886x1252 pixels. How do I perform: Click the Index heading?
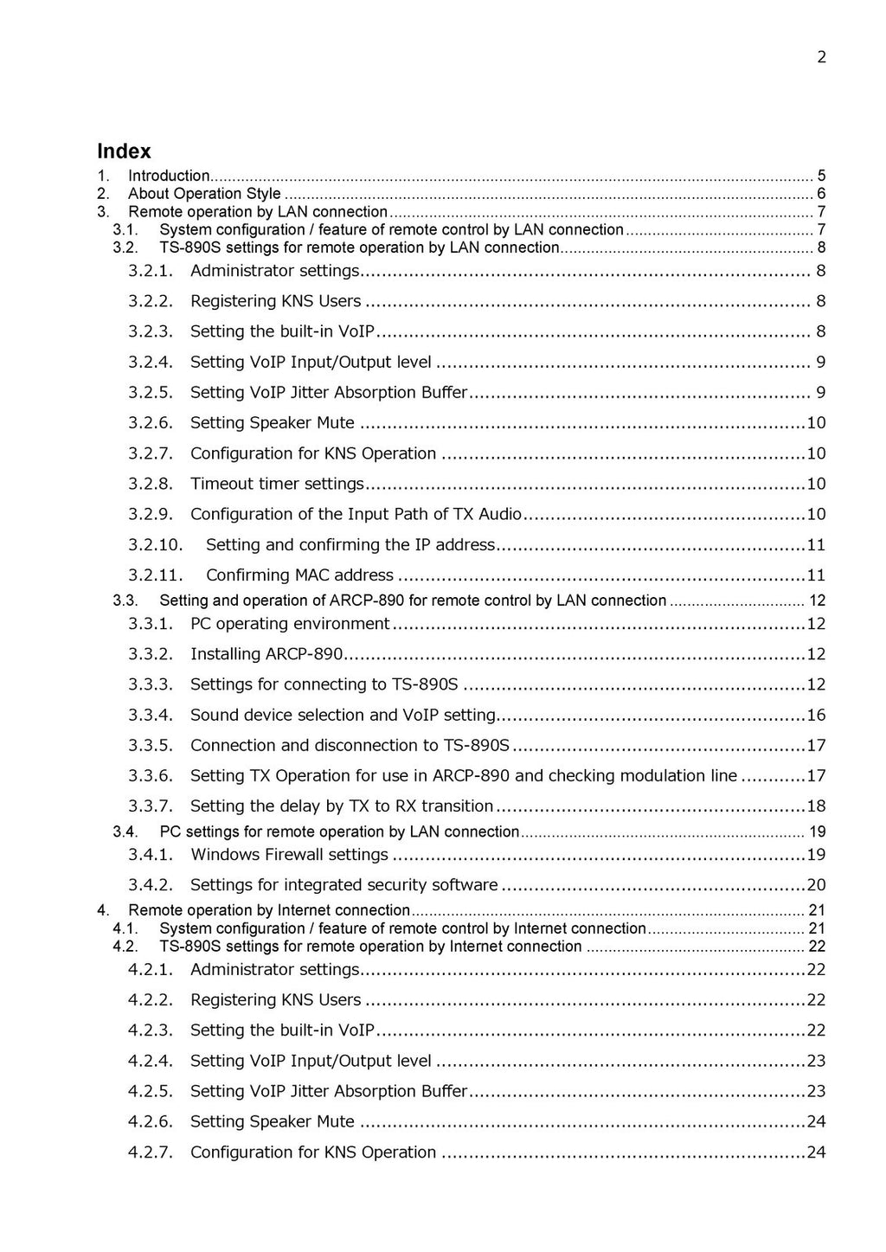(x=124, y=151)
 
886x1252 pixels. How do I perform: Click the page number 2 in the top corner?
(x=821, y=57)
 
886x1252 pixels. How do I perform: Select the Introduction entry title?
(x=169, y=176)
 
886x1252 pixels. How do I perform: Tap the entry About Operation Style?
(x=204, y=194)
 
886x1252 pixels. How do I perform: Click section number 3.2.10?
(x=156, y=545)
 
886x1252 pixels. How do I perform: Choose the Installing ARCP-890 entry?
(x=266, y=654)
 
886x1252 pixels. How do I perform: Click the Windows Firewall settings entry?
(x=289, y=855)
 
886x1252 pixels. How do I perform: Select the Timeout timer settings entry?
(x=277, y=484)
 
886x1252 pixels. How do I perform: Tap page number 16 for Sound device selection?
(x=816, y=716)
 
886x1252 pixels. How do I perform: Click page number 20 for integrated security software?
(x=816, y=885)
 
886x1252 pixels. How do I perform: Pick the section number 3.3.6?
(x=151, y=776)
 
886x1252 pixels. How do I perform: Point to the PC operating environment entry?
(x=290, y=624)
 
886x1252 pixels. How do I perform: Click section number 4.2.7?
(x=151, y=1152)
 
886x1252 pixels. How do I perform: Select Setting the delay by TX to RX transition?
(x=342, y=806)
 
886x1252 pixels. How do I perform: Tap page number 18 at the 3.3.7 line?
(x=816, y=806)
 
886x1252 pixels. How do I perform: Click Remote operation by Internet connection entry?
(x=268, y=910)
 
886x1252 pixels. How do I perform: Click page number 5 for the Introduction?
(x=821, y=176)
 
